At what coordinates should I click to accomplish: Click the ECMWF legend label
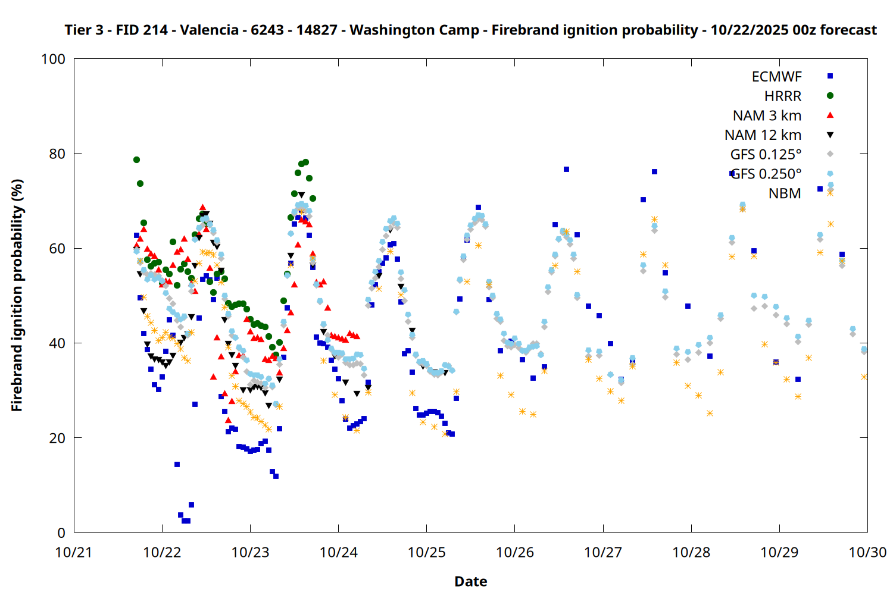(x=776, y=77)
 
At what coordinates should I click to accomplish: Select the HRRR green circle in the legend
(x=830, y=96)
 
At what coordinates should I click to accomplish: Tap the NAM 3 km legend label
(x=767, y=115)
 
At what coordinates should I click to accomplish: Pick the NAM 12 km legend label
(x=763, y=135)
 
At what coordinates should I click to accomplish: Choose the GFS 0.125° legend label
(x=766, y=155)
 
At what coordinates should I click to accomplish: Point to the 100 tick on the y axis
(x=53, y=59)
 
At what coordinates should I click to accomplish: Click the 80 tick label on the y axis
(x=57, y=154)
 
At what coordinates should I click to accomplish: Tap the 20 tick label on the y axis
(x=57, y=438)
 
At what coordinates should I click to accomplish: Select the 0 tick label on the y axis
(x=61, y=533)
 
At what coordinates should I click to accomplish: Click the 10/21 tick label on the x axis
(x=74, y=552)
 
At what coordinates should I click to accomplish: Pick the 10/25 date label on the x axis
(x=427, y=552)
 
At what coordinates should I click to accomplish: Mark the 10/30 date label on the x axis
(x=867, y=552)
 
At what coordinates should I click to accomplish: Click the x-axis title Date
(x=470, y=581)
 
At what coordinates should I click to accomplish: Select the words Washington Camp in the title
(x=414, y=30)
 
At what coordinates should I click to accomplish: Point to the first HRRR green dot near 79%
(x=136, y=159)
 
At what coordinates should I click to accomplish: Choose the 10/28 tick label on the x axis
(x=691, y=552)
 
